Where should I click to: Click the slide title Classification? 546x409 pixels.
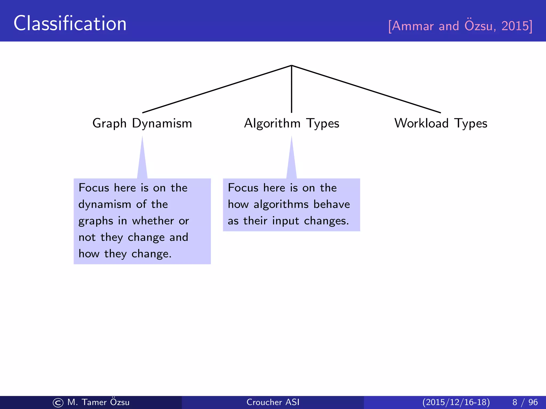coord(70,23)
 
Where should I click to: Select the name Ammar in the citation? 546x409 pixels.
coord(413,26)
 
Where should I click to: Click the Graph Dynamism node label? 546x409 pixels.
coord(142,124)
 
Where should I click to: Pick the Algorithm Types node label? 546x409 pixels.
coord(292,124)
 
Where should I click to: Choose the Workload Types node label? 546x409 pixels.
coord(441,124)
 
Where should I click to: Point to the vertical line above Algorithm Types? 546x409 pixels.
coord(292,89)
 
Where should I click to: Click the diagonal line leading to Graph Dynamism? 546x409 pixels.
coord(217,89)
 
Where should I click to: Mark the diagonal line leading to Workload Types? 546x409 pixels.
coord(366,89)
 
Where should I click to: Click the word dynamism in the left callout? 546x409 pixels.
coord(105,204)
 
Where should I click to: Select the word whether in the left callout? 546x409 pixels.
coord(153,221)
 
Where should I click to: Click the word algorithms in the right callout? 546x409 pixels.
coord(281,204)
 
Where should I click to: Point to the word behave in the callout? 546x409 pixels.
coord(332,204)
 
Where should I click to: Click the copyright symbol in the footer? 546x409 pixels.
coord(58,403)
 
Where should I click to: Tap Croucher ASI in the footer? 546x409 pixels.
coord(273,402)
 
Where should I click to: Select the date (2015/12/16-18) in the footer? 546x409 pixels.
coord(456,402)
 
